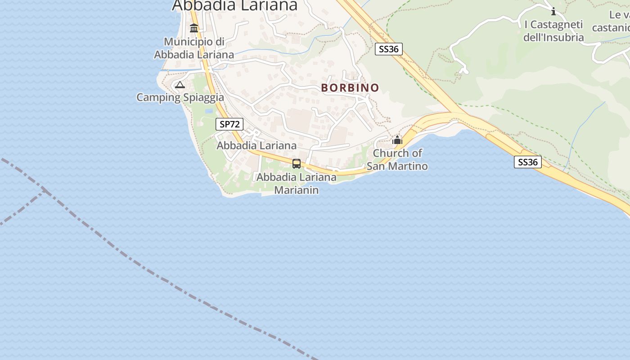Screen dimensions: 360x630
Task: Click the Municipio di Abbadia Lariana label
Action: [194, 48]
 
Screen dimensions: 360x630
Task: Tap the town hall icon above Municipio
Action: [194, 28]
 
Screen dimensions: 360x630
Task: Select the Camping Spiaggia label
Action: [180, 97]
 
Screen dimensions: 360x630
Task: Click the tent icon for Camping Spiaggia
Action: [180, 85]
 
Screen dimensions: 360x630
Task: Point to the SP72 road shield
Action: [229, 124]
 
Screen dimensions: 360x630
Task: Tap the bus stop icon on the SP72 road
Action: [297, 164]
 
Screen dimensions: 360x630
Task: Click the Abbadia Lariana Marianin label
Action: [296, 184]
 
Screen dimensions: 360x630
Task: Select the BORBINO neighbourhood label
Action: [350, 88]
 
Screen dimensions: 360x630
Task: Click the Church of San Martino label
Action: [397, 159]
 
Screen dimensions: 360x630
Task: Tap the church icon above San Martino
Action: [397, 140]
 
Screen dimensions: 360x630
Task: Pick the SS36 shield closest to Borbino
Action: [389, 49]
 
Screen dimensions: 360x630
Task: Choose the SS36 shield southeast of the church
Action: [527, 162]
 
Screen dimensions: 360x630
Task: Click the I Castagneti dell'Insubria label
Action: [553, 31]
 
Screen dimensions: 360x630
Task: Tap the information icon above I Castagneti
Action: [553, 11]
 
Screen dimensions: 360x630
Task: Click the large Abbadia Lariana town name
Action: [235, 5]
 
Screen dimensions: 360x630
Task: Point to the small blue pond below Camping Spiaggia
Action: [209, 111]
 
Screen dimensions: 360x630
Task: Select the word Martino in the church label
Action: [409, 166]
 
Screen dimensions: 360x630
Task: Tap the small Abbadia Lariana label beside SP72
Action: [256, 145]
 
